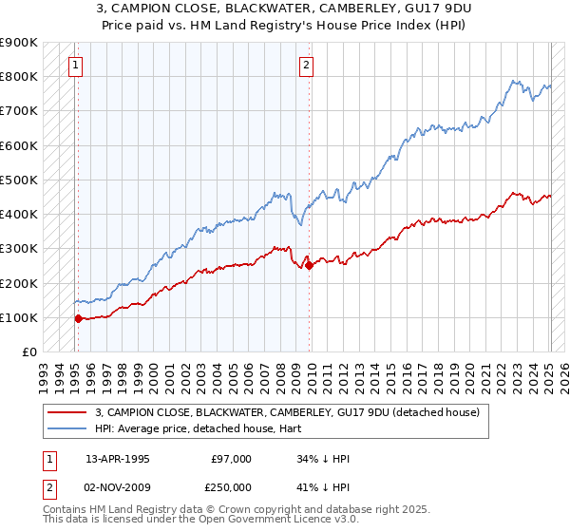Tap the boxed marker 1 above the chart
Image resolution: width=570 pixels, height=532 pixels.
tap(75, 66)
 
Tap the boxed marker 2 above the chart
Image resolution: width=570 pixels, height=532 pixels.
tap(307, 66)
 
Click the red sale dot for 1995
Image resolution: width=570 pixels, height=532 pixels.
tap(78, 318)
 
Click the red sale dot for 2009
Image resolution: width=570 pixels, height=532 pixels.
tap(310, 265)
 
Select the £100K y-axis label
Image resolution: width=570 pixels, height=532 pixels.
tap(19, 317)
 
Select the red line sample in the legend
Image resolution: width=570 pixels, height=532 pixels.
tap(67, 412)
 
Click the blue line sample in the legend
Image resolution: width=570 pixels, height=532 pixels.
tap(67, 428)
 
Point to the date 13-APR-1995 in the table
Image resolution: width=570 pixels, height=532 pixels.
tap(118, 459)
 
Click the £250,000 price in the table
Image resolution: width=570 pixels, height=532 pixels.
tap(231, 487)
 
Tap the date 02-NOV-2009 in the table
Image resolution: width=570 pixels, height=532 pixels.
tap(118, 487)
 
